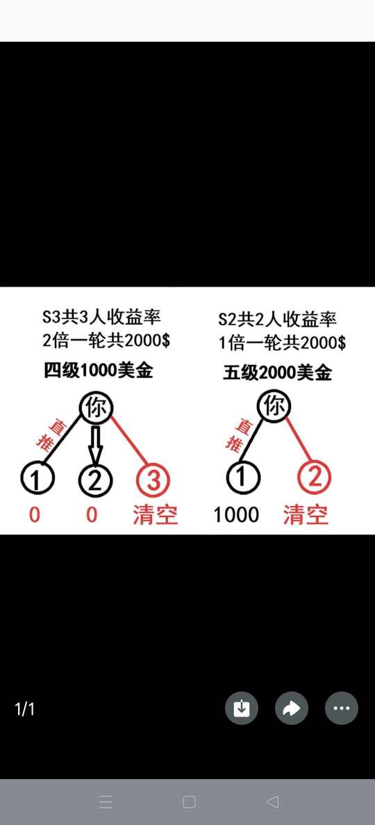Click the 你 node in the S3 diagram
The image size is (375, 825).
pyautogui.click(x=96, y=408)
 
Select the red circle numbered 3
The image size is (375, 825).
pyautogui.click(x=153, y=480)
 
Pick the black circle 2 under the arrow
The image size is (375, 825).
pyautogui.click(x=96, y=480)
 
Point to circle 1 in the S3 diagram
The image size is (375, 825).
pyautogui.click(x=38, y=479)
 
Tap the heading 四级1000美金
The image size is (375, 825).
pyautogui.click(x=99, y=370)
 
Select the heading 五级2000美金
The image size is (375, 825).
pyautogui.click(x=278, y=373)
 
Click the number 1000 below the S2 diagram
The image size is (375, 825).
pyautogui.click(x=236, y=514)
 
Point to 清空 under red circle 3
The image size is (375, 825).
pyautogui.click(x=155, y=514)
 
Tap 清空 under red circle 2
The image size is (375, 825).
pyautogui.click(x=306, y=514)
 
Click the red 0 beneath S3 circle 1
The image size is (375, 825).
pyautogui.click(x=34, y=514)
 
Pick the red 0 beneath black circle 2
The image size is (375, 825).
pyautogui.click(x=92, y=514)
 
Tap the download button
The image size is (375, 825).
pyautogui.click(x=242, y=709)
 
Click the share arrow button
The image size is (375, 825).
pyautogui.click(x=292, y=709)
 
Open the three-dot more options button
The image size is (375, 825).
pyautogui.click(x=342, y=709)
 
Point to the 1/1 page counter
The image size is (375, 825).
pyautogui.click(x=25, y=709)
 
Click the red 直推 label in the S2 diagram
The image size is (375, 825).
pyautogui.click(x=235, y=436)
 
